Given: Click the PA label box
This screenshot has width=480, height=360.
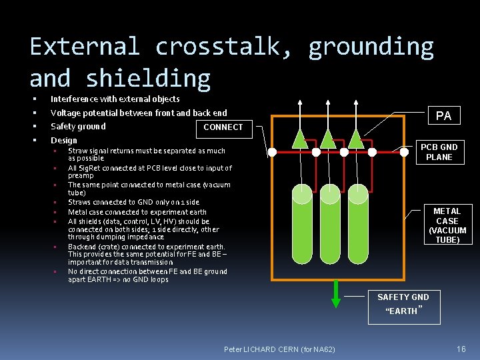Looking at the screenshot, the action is coord(443,115).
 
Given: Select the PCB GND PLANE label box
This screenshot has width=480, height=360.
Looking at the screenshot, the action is coord(439,152).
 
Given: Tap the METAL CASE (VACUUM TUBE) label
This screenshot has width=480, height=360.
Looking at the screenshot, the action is coord(447,225).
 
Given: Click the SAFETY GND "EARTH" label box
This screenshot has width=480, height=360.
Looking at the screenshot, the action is coord(403,305).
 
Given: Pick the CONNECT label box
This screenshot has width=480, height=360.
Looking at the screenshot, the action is coord(223,127).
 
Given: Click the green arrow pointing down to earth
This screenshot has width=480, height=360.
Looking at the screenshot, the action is coord(336,294).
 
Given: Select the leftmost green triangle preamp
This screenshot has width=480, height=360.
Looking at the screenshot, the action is coord(301,138).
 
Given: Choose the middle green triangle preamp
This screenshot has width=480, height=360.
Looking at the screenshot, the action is coord(328,138).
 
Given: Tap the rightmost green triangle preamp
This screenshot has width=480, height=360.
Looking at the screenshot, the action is coord(356,138).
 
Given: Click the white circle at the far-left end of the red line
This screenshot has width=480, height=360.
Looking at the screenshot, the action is coord(272,152).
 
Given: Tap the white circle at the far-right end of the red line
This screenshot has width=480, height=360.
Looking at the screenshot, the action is coord(404,151).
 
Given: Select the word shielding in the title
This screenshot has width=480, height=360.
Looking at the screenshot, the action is coord(148,79).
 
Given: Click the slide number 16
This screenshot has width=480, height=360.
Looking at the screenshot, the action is coord(461,349).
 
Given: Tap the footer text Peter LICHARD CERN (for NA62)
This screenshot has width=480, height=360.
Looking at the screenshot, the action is coord(280,349).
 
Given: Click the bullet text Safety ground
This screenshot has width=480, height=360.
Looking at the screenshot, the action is coord(78,127).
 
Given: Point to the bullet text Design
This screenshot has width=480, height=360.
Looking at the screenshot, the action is coord(64,140).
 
